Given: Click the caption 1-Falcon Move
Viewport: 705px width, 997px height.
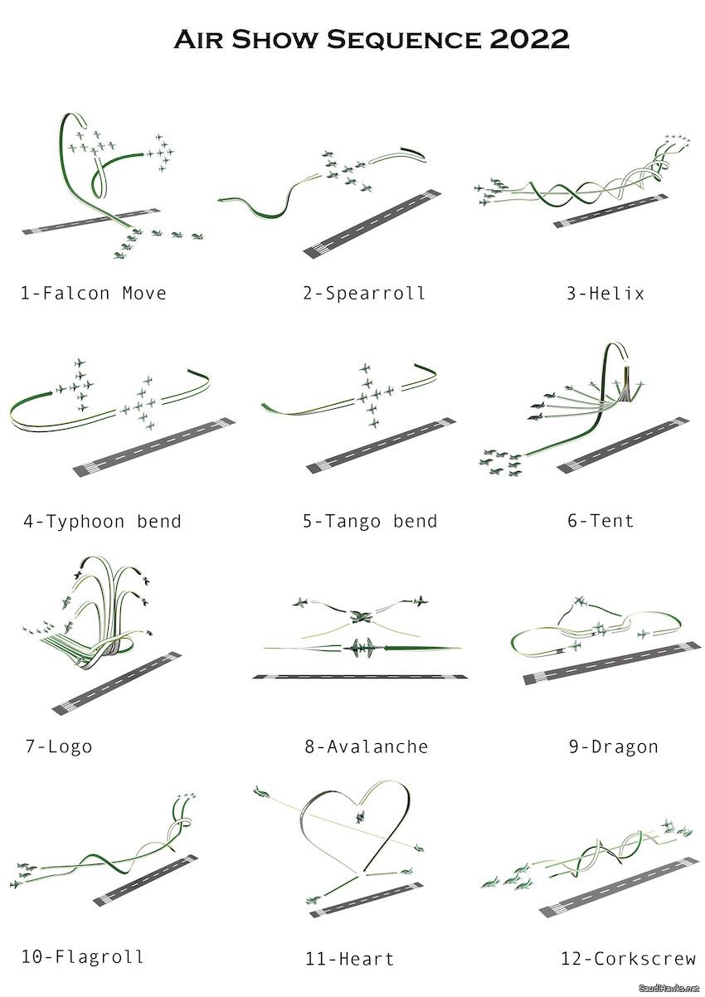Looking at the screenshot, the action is [94, 294].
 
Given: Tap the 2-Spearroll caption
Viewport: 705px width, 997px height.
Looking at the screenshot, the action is [364, 294].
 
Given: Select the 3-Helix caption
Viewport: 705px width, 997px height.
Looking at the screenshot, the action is [605, 294].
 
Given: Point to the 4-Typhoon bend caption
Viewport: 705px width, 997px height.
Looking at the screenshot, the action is [102, 521].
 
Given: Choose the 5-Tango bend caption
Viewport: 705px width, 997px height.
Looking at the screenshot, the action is [370, 521].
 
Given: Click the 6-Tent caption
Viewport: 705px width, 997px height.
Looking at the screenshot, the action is [600, 520].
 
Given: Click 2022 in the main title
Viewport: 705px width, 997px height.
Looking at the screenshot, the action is [529, 39].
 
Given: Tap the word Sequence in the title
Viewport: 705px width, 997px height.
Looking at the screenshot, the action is [404, 40].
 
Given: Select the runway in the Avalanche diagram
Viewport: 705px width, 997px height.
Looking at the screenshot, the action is [360, 677].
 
